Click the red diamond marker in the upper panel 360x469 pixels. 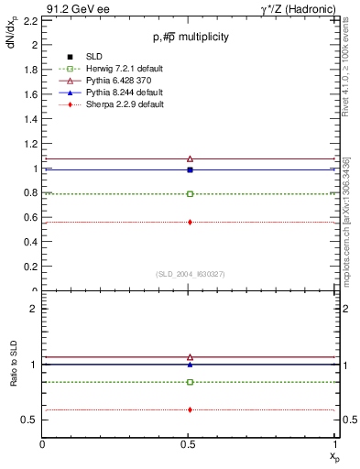[190, 222]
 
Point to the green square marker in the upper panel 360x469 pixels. [190, 193]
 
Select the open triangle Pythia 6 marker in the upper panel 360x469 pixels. [190, 158]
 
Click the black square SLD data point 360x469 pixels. [190, 169]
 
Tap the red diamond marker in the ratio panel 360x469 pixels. [190, 409]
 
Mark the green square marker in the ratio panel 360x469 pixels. [190, 382]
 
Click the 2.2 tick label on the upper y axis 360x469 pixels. [28, 19]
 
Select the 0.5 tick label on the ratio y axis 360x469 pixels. [28, 420]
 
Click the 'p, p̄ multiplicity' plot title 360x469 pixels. [191, 37]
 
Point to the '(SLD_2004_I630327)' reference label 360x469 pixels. [191, 274]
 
